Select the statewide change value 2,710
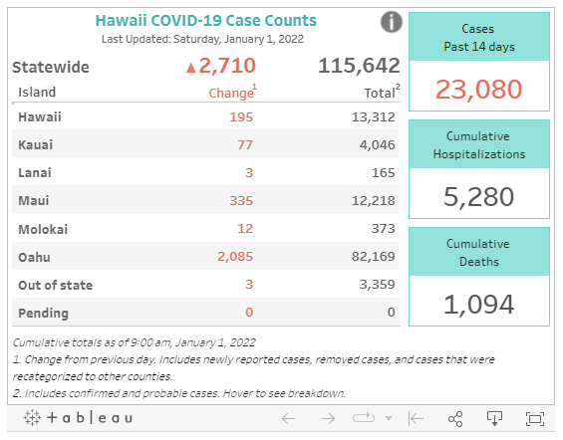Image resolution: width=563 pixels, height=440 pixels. click(221, 67)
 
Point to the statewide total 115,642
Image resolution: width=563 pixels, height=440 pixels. click(359, 67)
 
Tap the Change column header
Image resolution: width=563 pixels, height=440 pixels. click(231, 93)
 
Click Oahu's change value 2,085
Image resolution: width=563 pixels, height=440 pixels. click(234, 257)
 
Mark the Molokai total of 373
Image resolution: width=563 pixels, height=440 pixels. click(383, 229)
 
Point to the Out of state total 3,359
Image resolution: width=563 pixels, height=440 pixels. click(376, 285)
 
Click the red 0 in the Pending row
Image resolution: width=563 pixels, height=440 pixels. click(248, 313)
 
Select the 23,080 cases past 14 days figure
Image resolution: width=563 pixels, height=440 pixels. click(478, 90)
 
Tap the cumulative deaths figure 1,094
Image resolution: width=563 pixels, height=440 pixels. click(478, 303)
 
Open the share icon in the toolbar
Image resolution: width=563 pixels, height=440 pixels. click(455, 419)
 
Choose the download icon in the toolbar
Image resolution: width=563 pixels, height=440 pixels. click(493, 419)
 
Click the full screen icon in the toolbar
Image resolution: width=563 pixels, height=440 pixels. click(535, 419)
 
